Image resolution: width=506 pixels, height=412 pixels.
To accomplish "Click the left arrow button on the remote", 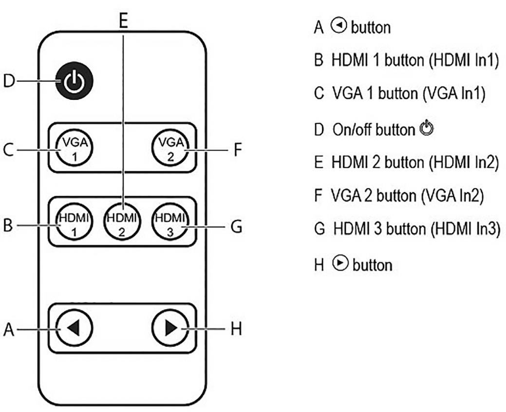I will coord(74,329).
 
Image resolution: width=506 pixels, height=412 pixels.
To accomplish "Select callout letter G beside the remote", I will coord(237,227).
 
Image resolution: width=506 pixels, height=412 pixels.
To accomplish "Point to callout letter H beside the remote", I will coord(236,330).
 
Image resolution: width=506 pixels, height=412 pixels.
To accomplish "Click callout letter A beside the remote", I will coord(8,330).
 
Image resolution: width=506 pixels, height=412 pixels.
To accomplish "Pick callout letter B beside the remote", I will coord(8,226).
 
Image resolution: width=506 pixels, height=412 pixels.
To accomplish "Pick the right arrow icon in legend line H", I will coord(340,263).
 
